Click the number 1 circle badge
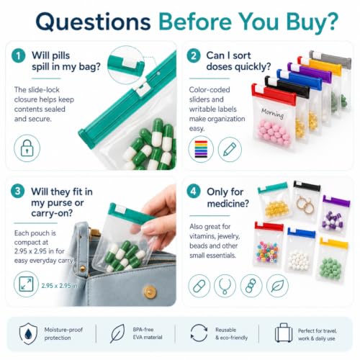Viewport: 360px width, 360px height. pyautogui.click(x=19, y=55)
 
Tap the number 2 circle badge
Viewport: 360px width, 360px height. pyautogui.click(x=194, y=55)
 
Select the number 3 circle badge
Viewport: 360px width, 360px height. pyautogui.click(x=18, y=192)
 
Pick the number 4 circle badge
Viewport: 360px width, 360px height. pyautogui.click(x=194, y=192)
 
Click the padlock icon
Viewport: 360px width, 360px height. pyautogui.click(x=27, y=148)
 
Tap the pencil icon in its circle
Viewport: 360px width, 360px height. pyautogui.click(x=230, y=149)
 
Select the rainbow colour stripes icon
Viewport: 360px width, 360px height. pyautogui.click(x=201, y=149)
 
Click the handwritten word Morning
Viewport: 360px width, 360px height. pyautogui.click(x=272, y=113)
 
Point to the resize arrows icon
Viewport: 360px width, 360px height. pyautogui.click(x=26, y=284)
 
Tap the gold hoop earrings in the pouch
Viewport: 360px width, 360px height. pyautogui.click(x=305, y=204)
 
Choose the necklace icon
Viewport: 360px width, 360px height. pyautogui.click(x=225, y=286)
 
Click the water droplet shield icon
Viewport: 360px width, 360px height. pyautogui.click(x=28, y=333)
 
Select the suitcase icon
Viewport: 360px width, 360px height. pyautogui.click(x=284, y=333)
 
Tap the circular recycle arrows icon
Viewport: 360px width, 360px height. pyautogui.click(x=199, y=333)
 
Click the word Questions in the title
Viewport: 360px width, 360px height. pyautogui.click(x=93, y=22)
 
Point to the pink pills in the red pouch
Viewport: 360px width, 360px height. pyautogui.click(x=274, y=132)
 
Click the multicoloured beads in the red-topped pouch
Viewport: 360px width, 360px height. pyautogui.click(x=268, y=251)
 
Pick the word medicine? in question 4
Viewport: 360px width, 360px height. pyautogui.click(x=228, y=204)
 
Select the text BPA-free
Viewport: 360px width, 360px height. pyautogui.click(x=143, y=330)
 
